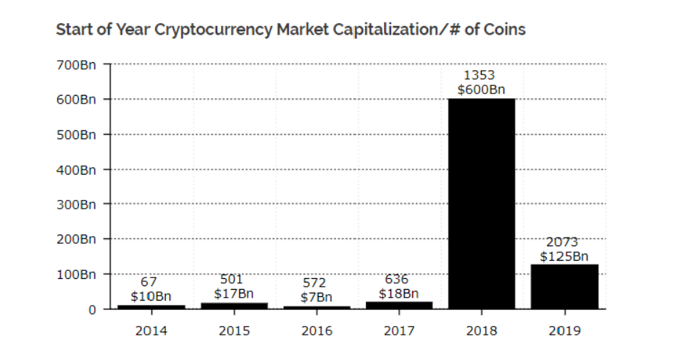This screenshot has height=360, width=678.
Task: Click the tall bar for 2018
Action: [x=481, y=204]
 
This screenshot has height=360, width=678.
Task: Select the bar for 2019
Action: [x=564, y=287]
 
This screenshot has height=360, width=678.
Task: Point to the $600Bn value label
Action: [x=481, y=90]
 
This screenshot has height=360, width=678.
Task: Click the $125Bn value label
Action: [x=564, y=256]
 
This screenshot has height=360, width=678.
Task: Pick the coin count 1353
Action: [x=481, y=75]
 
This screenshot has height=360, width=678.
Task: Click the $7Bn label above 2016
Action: [x=316, y=297]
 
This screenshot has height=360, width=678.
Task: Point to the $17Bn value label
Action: [x=234, y=293]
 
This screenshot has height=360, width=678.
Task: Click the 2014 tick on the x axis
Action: [x=151, y=331]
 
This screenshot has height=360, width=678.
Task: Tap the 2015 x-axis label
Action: [x=234, y=331]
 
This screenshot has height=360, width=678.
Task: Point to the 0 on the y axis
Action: [x=91, y=309]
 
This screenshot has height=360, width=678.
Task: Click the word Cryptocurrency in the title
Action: [x=212, y=30]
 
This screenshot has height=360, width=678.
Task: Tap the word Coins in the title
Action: [x=504, y=30]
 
